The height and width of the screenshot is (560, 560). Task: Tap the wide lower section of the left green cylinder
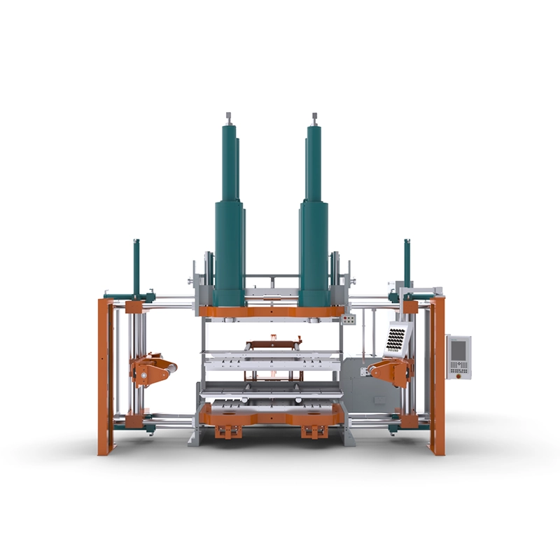229,252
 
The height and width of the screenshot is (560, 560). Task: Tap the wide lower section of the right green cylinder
314,252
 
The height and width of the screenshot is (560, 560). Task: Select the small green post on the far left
136,266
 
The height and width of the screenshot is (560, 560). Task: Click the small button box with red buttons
355,320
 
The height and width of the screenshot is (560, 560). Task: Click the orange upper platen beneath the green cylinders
272,311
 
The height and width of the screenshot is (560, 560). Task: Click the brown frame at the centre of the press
273,344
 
